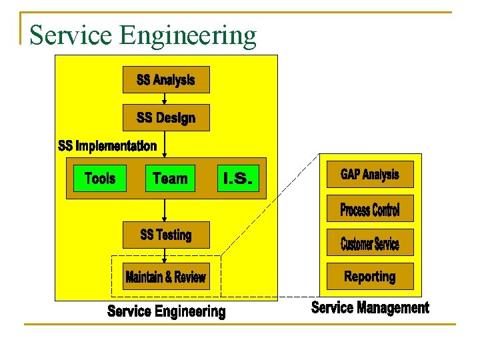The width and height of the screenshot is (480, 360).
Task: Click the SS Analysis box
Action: (x=166, y=79)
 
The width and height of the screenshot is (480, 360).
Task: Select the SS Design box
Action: (x=166, y=117)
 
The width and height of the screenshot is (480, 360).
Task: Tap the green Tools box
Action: (x=99, y=178)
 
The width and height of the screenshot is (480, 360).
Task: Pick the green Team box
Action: (x=170, y=178)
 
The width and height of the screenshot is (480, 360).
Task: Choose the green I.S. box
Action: (x=238, y=178)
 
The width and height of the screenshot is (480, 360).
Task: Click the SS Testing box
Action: (x=166, y=235)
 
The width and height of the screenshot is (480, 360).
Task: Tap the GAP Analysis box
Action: (x=370, y=175)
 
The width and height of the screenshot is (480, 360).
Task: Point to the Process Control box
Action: (x=370, y=209)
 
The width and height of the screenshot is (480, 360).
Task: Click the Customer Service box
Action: (x=370, y=243)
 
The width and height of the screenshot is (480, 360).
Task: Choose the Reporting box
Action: (x=370, y=276)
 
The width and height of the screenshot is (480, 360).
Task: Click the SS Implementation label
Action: (x=107, y=145)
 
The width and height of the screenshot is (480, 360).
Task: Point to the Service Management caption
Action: (x=370, y=307)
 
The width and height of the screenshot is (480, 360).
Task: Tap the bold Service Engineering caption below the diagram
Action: (x=166, y=311)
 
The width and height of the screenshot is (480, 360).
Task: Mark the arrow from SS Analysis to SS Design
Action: (x=165, y=99)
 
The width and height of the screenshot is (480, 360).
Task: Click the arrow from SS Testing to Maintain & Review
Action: (x=165, y=255)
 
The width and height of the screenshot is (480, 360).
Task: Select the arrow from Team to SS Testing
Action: (x=165, y=211)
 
